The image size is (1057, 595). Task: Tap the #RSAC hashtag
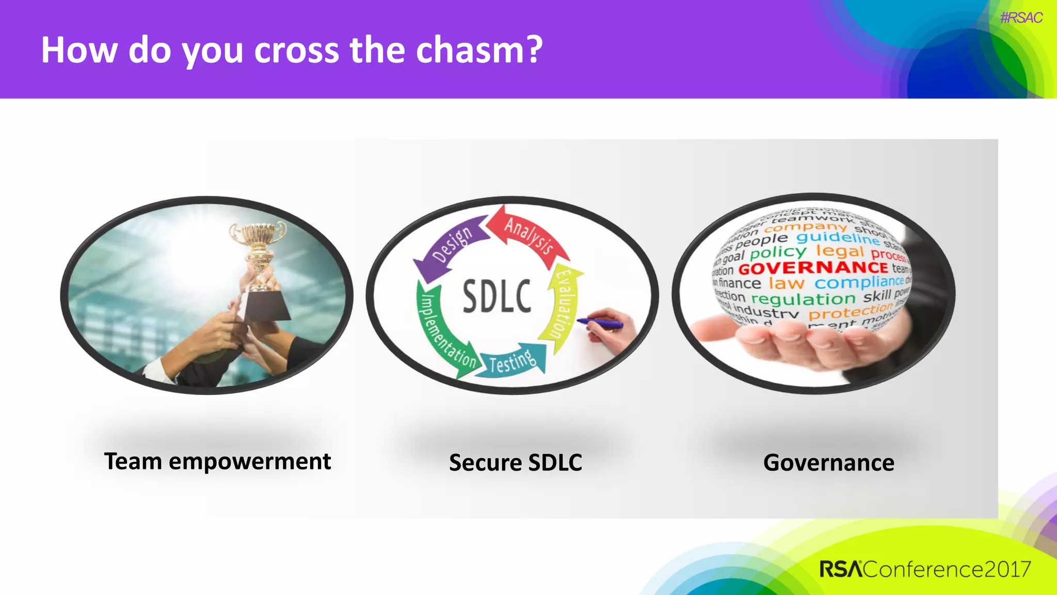[1021, 18]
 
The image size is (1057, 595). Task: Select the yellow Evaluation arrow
[563, 305]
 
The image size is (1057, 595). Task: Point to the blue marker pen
[601, 323]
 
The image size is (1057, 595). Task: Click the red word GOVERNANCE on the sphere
[813, 268]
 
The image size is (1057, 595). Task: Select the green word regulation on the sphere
[803, 299]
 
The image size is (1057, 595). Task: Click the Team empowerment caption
[217, 461]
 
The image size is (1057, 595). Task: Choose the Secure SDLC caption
[515, 462]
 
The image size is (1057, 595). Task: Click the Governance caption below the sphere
[828, 462]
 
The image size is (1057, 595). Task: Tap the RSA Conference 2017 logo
[925, 569]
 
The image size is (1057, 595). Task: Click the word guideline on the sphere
[838, 238]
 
